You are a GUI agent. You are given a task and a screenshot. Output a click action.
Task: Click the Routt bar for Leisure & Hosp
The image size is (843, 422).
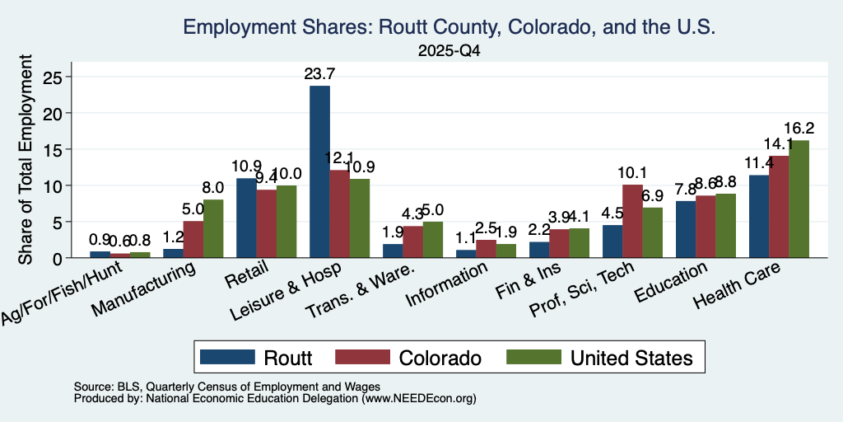coord(320,171)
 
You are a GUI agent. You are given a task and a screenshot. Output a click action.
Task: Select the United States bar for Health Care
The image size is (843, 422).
coord(799,199)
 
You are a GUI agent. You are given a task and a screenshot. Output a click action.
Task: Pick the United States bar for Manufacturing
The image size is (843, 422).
coord(213,229)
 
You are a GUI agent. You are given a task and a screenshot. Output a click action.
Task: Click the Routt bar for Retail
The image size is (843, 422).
coord(247,218)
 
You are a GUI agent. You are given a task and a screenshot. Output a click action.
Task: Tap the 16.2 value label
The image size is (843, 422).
coord(799,129)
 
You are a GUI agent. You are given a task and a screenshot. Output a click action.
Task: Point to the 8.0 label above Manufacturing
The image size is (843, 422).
coord(213,189)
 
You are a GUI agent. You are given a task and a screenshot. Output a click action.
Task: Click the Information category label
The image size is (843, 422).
coord(447,284)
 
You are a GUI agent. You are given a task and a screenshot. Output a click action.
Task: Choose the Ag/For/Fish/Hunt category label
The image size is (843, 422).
coord(62,293)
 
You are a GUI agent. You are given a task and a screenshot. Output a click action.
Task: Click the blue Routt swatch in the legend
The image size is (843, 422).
coord(227,357)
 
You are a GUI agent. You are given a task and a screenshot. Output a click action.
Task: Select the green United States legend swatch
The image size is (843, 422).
coord(533,357)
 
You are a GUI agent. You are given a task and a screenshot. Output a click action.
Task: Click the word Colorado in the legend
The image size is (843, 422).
coord(440,358)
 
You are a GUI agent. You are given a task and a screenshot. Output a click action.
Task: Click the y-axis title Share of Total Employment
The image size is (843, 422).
coord(26,159)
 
